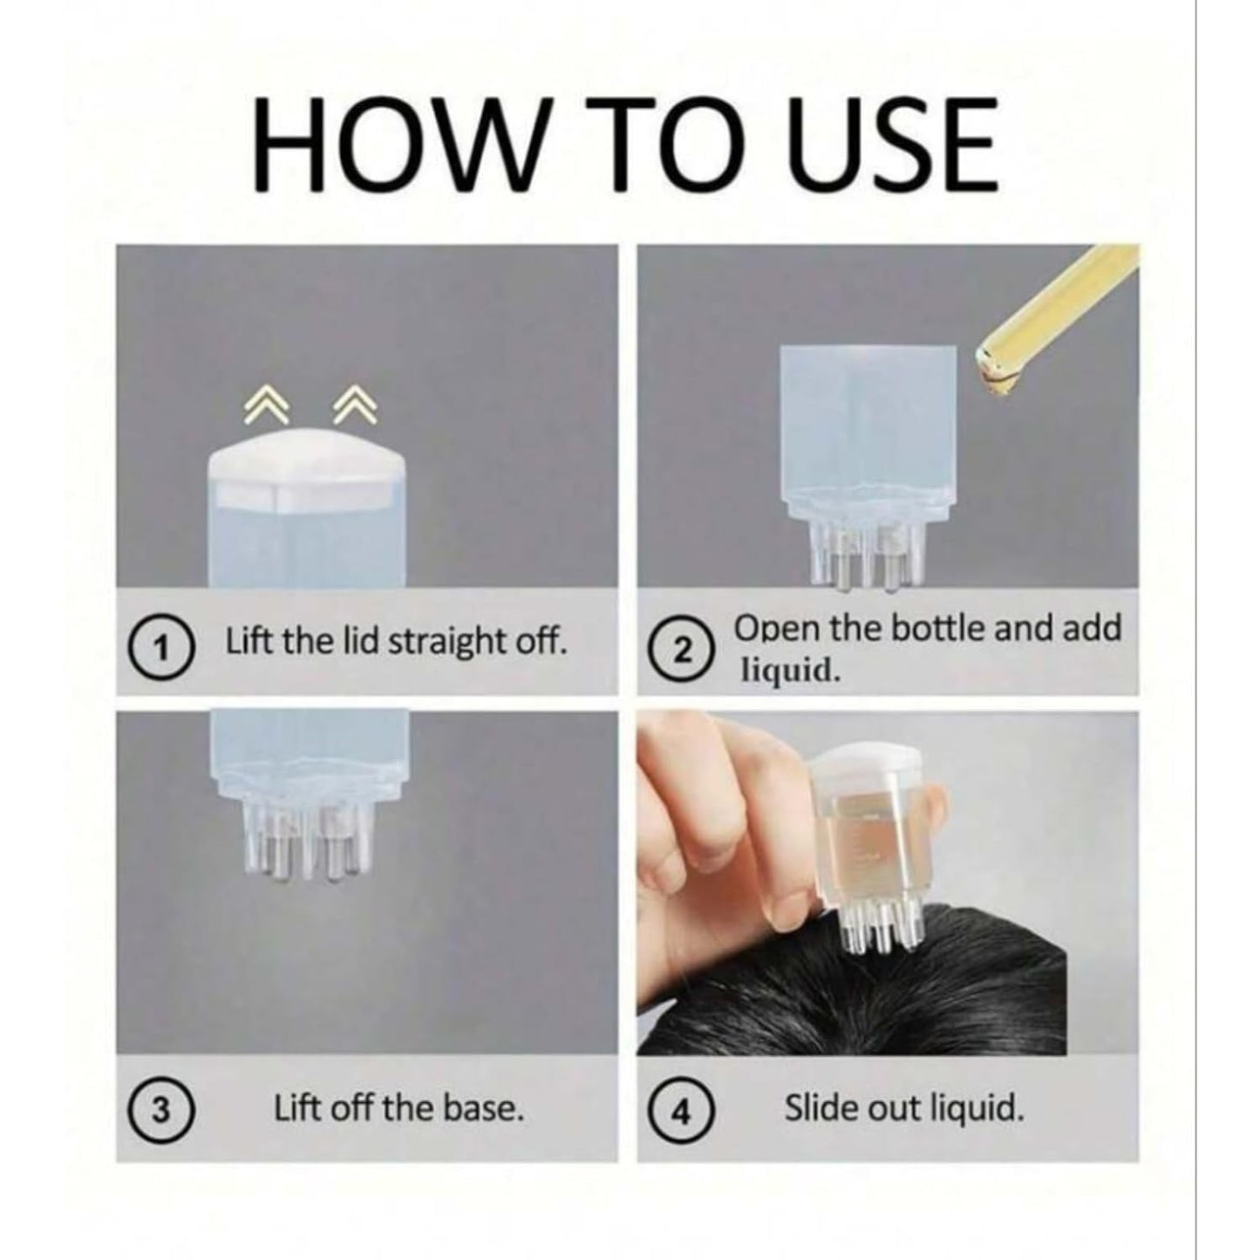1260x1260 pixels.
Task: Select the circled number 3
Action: point(160,1109)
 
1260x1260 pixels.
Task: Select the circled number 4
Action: point(686,1111)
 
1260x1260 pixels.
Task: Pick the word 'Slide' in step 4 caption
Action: point(821,1109)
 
